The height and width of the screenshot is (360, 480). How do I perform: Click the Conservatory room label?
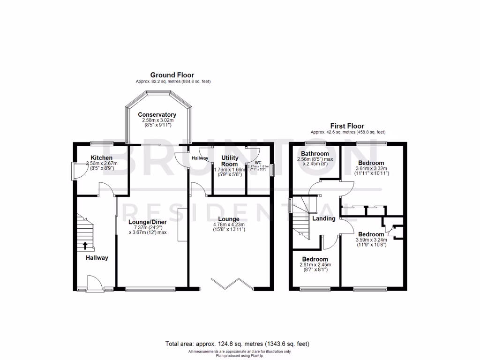click(x=157, y=115)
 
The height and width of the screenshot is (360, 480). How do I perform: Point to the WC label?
click(x=258, y=162)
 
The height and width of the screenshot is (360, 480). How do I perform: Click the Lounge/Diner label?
click(x=147, y=222)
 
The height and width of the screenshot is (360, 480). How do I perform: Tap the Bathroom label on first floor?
click(x=315, y=154)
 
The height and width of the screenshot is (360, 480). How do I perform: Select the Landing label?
click(x=323, y=218)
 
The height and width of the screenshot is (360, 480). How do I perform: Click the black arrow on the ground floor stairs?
click(x=85, y=244)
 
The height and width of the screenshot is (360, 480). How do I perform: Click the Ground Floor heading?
click(x=172, y=75)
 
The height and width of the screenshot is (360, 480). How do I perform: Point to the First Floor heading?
click(x=347, y=126)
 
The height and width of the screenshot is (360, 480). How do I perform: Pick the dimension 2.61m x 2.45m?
click(x=315, y=265)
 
